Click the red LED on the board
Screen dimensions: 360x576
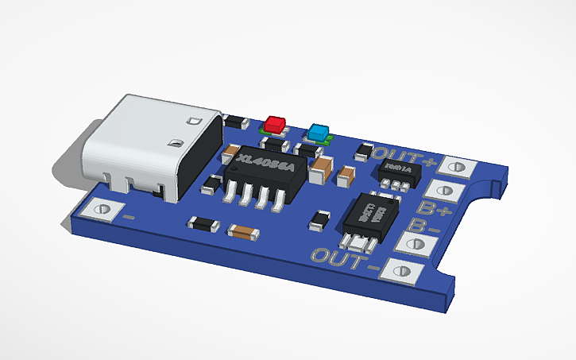[x=276, y=125]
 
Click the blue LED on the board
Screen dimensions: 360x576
[x=319, y=132]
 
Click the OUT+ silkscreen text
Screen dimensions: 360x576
[x=404, y=157]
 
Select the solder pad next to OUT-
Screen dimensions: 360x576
[x=401, y=270]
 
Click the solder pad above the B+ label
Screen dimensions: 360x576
[x=444, y=190]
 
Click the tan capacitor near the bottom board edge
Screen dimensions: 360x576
[x=242, y=232]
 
